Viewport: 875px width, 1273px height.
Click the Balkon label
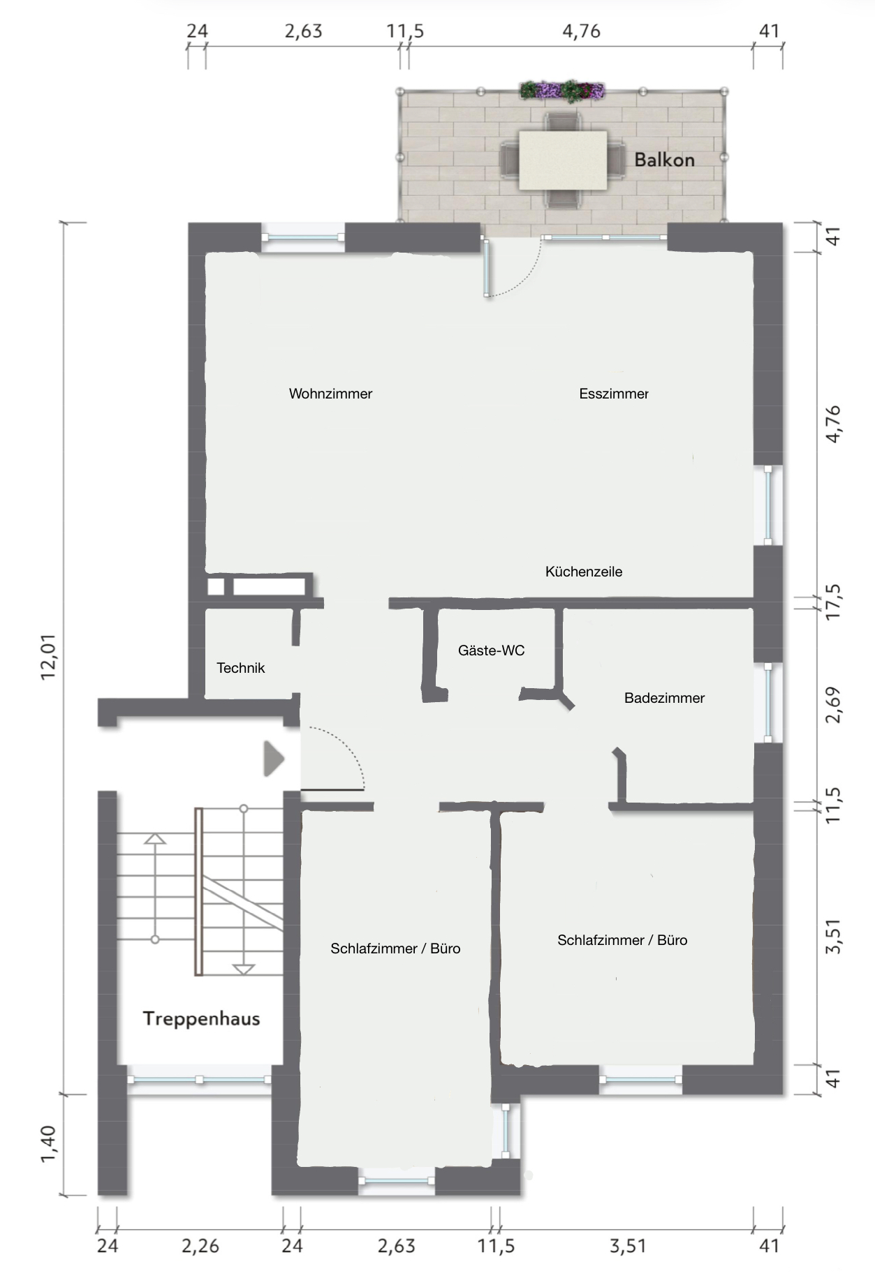[x=664, y=160]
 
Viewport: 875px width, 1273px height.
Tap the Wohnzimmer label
[x=330, y=394]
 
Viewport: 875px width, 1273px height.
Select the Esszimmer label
[x=614, y=394]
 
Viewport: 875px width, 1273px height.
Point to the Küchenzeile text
[x=584, y=572]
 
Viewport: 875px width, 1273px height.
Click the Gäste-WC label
[x=491, y=650]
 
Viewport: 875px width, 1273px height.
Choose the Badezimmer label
[x=664, y=698]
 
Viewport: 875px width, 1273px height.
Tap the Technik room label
[x=241, y=668]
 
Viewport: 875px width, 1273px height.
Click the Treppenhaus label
[x=201, y=1019]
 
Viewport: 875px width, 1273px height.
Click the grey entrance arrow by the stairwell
[x=274, y=759]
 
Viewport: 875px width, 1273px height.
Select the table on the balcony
[x=563, y=160]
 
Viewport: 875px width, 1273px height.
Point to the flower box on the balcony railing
[x=562, y=90]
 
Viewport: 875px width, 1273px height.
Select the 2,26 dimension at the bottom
[x=200, y=1246]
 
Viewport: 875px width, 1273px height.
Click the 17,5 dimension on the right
[x=834, y=602]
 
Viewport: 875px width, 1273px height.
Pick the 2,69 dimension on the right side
[x=834, y=705]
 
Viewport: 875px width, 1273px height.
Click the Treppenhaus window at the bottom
[x=199, y=1080]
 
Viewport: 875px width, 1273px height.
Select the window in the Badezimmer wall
[x=768, y=702]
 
